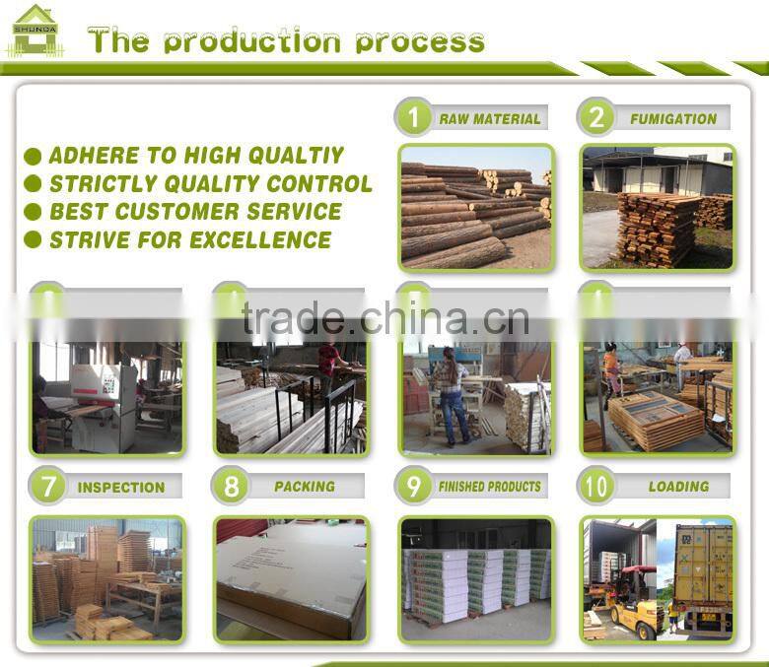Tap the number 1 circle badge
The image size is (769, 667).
[413, 118]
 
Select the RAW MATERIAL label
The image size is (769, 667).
[490, 119]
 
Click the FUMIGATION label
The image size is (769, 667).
[673, 119]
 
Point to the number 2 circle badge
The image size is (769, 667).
[596, 118]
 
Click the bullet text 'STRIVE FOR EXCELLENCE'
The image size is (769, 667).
[189, 239]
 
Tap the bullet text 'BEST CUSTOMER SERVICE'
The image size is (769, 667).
[195, 212]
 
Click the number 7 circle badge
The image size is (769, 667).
[46, 487]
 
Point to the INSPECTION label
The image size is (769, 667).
[121, 488]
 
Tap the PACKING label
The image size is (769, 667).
[305, 487]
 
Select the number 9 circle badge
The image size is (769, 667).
[413, 486]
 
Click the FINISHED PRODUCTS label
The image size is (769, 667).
[490, 487]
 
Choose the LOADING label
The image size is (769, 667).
[678, 487]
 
